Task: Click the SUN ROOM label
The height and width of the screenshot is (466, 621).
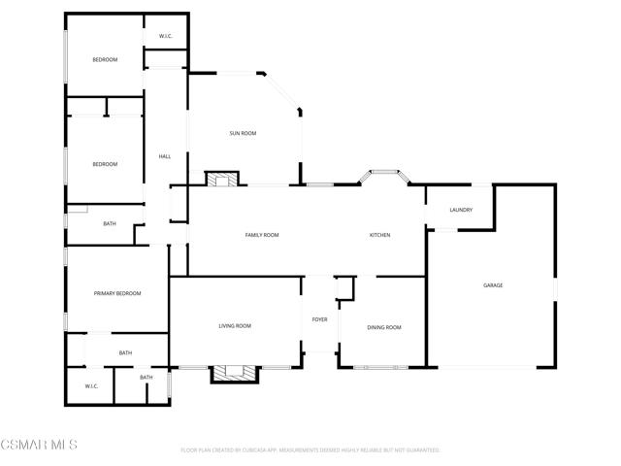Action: pyautogui.click(x=243, y=133)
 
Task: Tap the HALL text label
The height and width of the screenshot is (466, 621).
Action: pyautogui.click(x=165, y=157)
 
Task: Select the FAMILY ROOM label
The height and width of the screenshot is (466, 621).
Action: pyautogui.click(x=262, y=235)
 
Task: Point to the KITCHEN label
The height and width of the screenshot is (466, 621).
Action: pyautogui.click(x=379, y=235)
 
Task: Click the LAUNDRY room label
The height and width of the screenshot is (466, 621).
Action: pyautogui.click(x=461, y=210)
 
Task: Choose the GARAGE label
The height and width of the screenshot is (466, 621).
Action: pyautogui.click(x=493, y=284)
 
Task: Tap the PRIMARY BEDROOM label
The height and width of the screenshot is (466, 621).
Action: pyautogui.click(x=117, y=293)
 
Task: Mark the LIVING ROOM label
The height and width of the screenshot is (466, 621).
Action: pyautogui.click(x=235, y=326)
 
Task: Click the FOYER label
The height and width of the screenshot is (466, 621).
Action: pyautogui.click(x=319, y=319)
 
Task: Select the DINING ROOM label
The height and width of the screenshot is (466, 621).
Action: pyautogui.click(x=384, y=327)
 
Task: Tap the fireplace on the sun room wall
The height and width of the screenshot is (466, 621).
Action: pyautogui.click(x=222, y=179)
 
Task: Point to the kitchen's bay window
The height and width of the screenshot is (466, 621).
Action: pyautogui.click(x=384, y=177)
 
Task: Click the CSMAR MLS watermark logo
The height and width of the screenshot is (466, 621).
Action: pyautogui.click(x=39, y=445)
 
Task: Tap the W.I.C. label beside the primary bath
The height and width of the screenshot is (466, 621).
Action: pyautogui.click(x=91, y=385)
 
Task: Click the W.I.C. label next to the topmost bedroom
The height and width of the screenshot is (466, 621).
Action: pyautogui.click(x=166, y=37)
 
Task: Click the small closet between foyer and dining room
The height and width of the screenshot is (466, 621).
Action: pyautogui.click(x=344, y=288)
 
